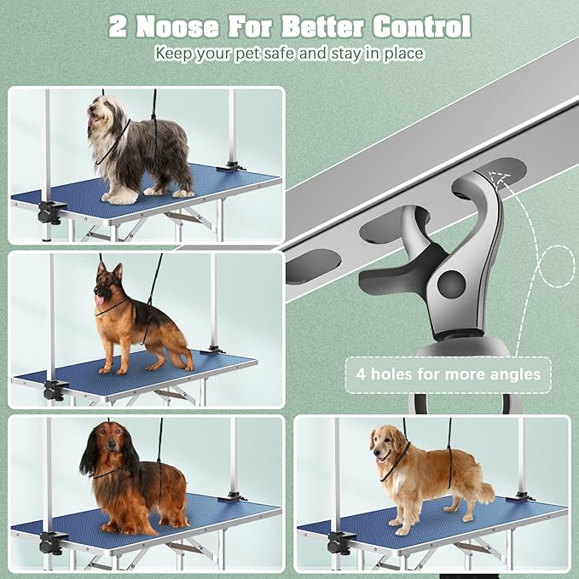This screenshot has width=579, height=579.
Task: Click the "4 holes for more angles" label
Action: click(x=448, y=374)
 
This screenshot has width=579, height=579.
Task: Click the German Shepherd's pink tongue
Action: click(x=99, y=299)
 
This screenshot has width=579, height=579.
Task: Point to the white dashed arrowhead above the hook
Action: click(x=495, y=178)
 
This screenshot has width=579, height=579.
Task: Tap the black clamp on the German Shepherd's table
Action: click(x=54, y=390)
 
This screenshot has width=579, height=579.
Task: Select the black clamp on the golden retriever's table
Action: click(x=340, y=541)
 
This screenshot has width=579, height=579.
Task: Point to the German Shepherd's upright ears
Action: click(x=109, y=272)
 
